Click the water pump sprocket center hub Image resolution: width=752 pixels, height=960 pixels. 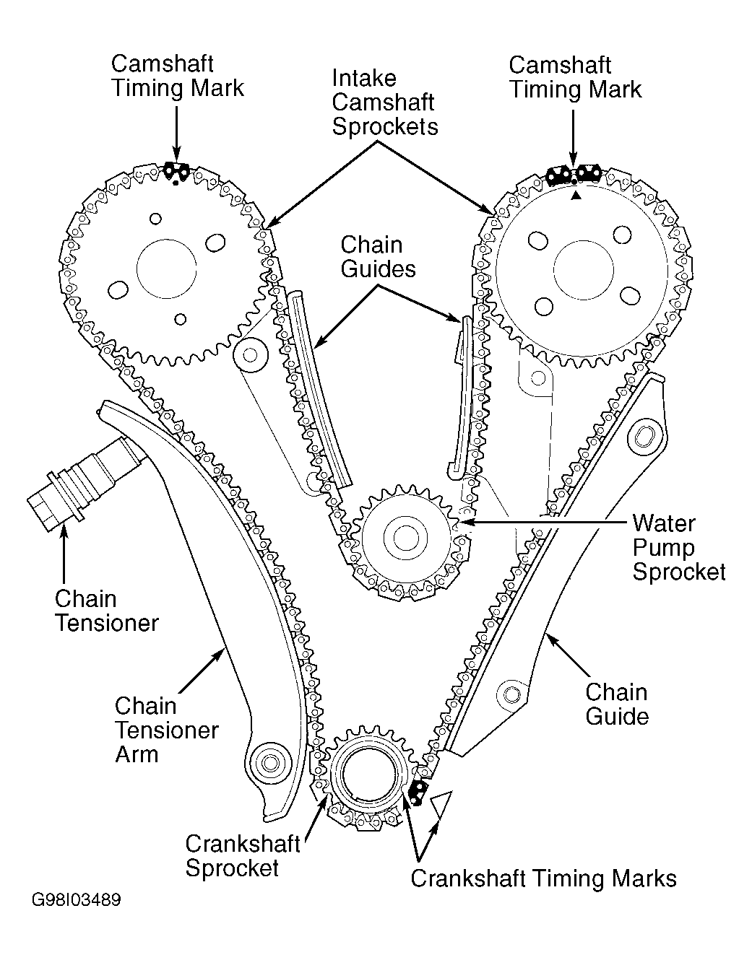402,537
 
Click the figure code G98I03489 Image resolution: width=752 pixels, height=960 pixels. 76,901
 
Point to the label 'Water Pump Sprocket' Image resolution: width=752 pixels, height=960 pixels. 678,548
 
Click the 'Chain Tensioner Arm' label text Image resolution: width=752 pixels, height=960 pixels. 166,730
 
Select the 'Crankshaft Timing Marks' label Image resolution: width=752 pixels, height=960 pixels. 543,878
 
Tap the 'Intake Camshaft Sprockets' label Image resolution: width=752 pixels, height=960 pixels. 384,102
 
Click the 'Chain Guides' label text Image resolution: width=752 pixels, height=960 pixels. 379,256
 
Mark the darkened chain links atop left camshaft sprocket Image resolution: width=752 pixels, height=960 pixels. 176,171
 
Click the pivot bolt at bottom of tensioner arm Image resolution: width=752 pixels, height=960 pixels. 271,762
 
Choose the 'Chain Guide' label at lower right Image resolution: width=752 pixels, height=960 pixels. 616,704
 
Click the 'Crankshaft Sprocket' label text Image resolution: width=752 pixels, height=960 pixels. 243,855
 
